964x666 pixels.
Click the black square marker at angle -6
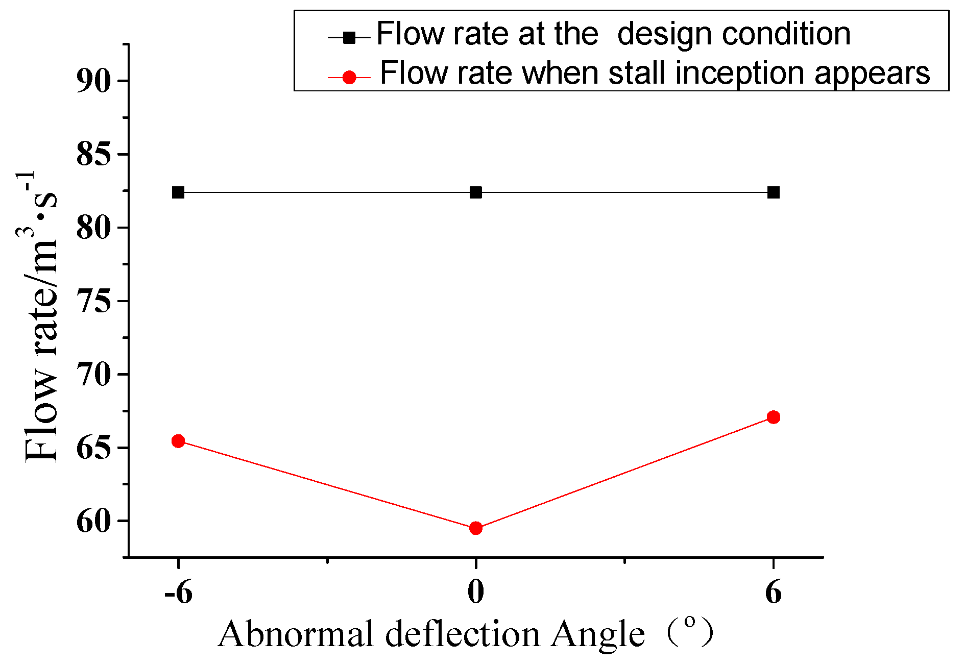(x=178, y=192)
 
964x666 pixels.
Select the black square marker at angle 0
(x=476, y=192)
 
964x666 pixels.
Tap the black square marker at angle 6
(x=774, y=192)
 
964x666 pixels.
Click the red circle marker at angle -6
(x=178, y=441)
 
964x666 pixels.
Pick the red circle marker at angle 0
(x=476, y=528)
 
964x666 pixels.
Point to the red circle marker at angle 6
(x=774, y=417)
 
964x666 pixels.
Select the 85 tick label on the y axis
(x=94, y=154)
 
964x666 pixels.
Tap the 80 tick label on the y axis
(x=94, y=228)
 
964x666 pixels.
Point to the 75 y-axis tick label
(x=94, y=301)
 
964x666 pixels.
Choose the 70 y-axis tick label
(x=94, y=375)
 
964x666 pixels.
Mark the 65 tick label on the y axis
(x=94, y=448)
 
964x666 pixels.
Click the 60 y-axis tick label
(x=94, y=522)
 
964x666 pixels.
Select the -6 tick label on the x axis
(x=178, y=594)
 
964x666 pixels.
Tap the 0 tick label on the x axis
(x=476, y=594)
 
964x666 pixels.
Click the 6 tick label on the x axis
(x=774, y=594)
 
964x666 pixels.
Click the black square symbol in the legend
(x=349, y=37)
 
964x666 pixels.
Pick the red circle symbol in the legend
(x=349, y=78)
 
